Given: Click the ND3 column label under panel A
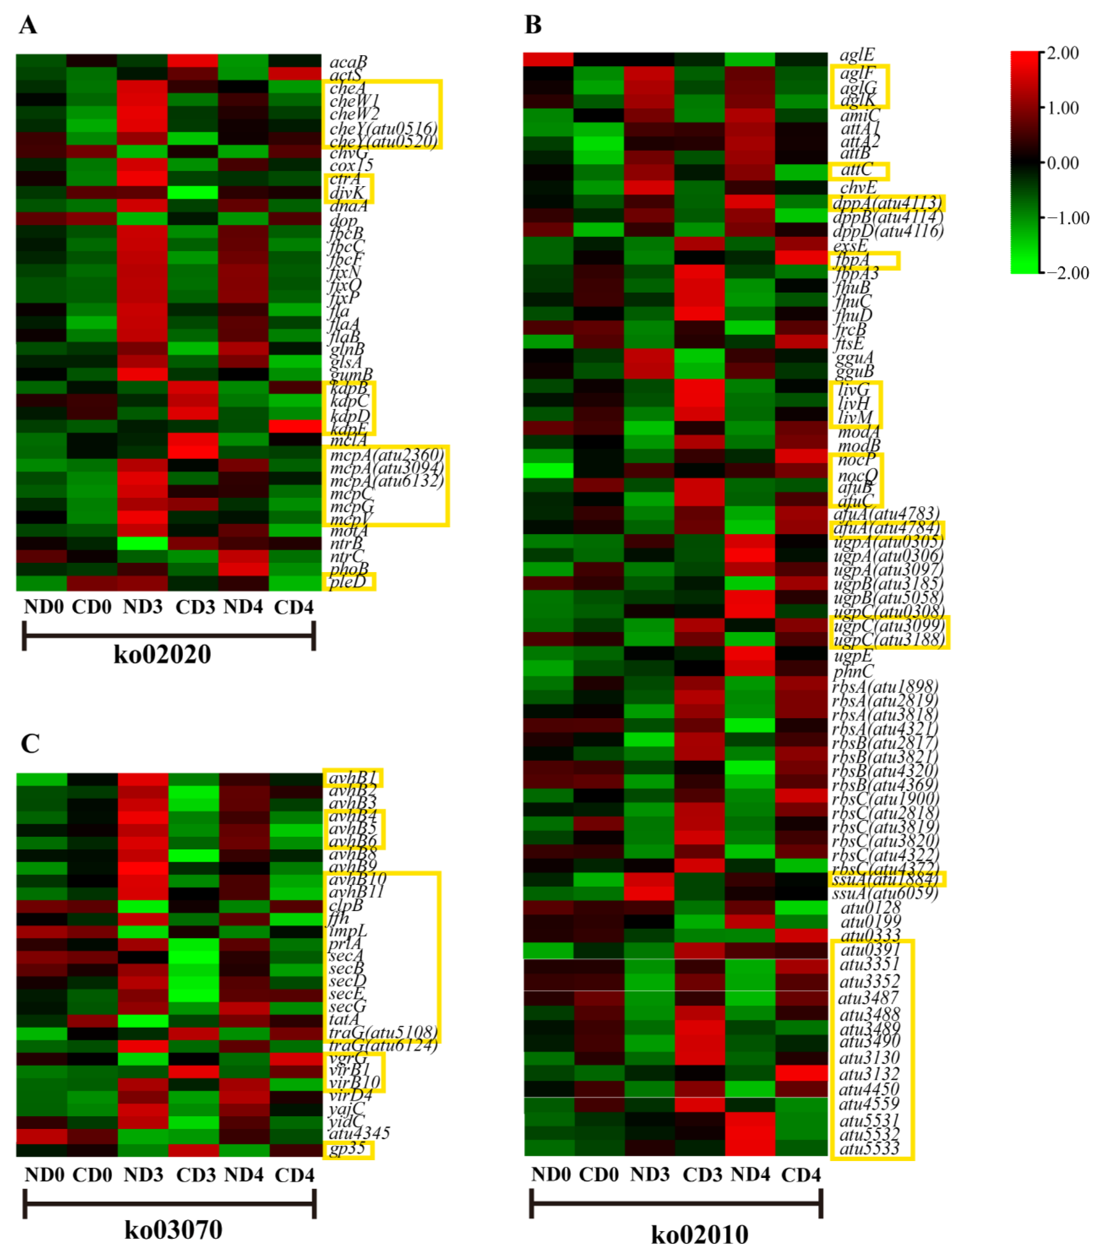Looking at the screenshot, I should point(143,607).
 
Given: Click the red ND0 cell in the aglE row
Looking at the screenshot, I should point(548,59).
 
